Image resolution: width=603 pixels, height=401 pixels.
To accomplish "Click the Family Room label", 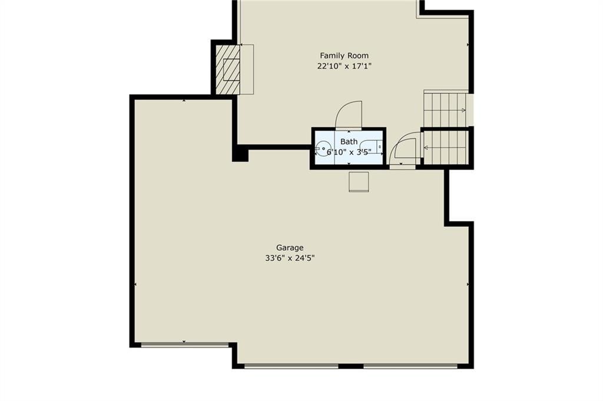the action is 344,55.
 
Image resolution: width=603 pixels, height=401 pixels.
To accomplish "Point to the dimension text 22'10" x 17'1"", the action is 344,66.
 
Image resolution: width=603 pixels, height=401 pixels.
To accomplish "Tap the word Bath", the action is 349,142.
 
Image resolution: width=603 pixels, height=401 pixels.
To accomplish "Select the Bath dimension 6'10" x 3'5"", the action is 349,153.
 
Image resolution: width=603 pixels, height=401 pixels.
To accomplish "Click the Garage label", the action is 290,248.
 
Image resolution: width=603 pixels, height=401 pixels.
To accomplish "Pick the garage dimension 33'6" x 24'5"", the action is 290,259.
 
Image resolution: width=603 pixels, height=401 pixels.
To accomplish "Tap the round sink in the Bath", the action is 324,148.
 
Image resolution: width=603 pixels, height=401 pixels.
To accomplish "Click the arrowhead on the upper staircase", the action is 463,110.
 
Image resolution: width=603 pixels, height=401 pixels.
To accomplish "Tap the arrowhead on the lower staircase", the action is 426,147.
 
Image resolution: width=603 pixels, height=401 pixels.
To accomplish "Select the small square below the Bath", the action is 359,181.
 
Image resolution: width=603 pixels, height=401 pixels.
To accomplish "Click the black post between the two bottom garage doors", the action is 351,366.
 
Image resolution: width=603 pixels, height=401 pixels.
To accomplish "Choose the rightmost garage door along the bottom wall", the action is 410,366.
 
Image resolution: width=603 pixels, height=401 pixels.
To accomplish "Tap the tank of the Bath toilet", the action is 380,147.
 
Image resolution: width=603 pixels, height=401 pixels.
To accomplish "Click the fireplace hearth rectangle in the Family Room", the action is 247,69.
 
